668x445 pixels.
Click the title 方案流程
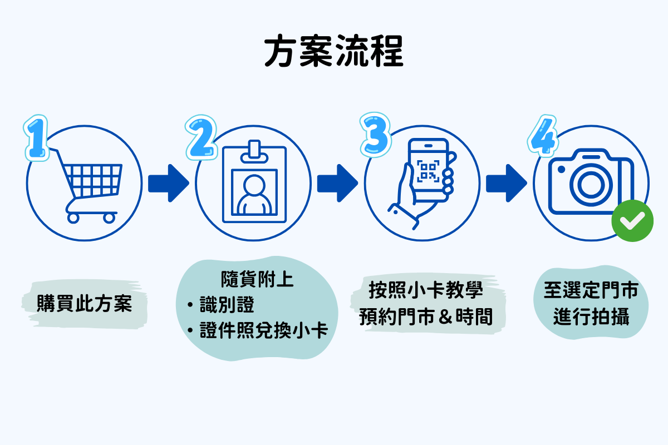(333, 53)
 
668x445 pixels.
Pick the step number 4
(541, 136)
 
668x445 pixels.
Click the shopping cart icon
(89, 184)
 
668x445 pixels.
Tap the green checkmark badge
(628, 221)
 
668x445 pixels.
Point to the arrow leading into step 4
(506, 183)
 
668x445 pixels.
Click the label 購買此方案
(85, 304)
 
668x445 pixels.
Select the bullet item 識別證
(226, 305)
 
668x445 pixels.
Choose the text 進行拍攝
(591, 318)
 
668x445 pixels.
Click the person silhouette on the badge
(254, 195)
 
